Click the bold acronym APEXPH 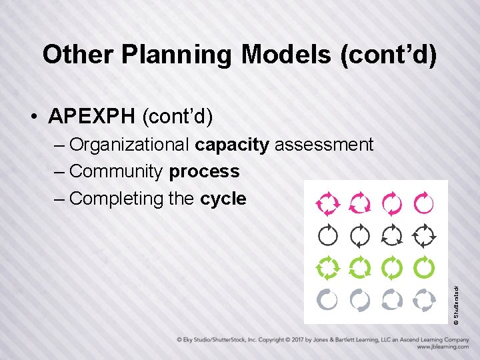[92, 117]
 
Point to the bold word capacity [232, 145]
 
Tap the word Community [116, 171]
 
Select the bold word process [204, 171]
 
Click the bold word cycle [223, 199]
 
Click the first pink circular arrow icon [328, 203]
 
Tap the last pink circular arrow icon [424, 203]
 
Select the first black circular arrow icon [328, 235]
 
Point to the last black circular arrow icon [424, 235]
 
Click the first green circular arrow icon [328, 267]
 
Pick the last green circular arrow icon [424, 267]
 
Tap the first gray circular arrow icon [328, 300]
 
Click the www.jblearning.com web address [443, 347]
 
